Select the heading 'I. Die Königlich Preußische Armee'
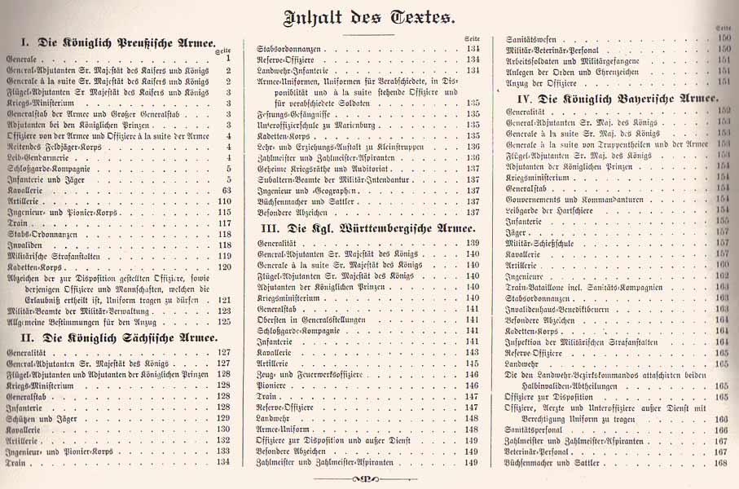click(119, 42)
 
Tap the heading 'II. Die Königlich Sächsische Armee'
click(119, 337)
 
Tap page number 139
click(472, 243)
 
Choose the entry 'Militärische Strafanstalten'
click(61, 256)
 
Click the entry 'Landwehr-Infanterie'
click(291, 71)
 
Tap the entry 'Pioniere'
click(271, 385)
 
